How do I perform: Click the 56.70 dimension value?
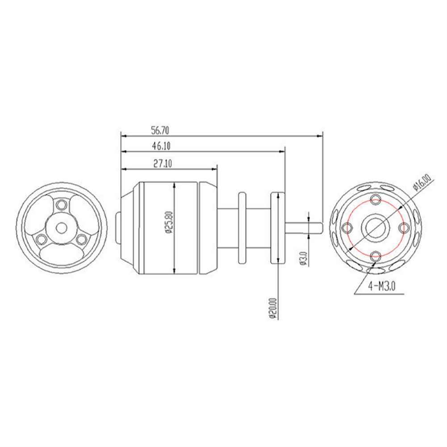[160, 130]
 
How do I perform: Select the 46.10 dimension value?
[161, 146]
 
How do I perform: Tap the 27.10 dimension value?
[163, 163]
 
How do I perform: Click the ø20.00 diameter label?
[273, 309]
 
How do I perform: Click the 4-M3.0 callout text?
[382, 286]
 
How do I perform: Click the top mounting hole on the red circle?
[376, 198]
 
